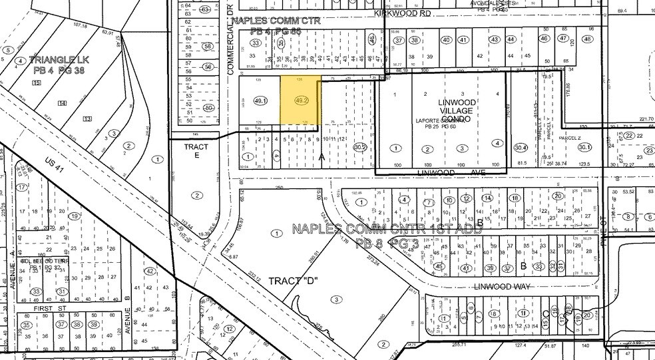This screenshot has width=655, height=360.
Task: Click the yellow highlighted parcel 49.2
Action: tap(300, 100)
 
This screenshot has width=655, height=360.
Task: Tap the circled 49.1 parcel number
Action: tap(260, 101)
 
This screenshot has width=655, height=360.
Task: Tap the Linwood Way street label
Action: tap(499, 285)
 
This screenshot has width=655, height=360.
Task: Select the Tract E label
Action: tap(197, 151)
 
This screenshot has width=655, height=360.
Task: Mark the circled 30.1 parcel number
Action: tap(584, 148)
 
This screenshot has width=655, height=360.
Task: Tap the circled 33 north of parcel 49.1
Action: tap(254, 43)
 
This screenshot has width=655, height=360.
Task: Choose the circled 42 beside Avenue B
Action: tap(150, 271)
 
